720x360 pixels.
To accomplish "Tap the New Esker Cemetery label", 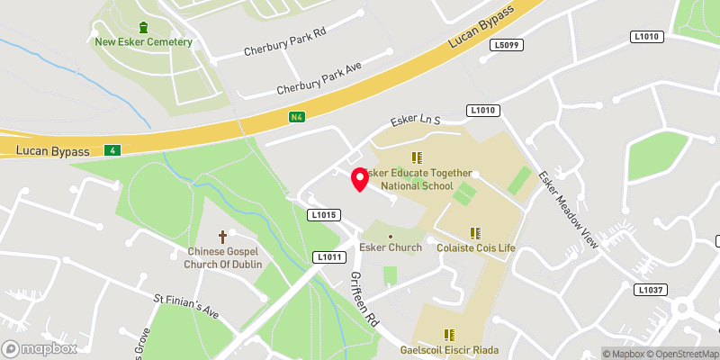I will tap(144, 42).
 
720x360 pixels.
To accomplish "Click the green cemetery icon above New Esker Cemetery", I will tap(144, 27).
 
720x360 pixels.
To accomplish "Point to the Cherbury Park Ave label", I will tap(319, 77).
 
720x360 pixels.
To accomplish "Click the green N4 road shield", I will tap(297, 117).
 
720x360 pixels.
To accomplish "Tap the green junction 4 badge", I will tap(112, 149).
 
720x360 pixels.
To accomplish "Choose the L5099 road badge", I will tap(506, 43).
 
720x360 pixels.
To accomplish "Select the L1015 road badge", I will tap(322, 215).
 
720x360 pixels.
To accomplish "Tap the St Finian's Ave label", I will tap(185, 304).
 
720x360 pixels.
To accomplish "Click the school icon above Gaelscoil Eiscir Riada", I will tap(449, 335).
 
